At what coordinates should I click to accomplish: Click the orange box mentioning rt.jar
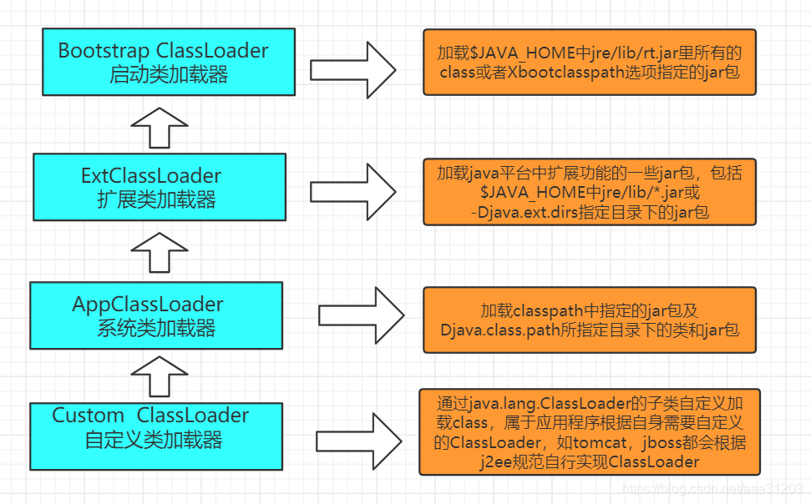pos(590,63)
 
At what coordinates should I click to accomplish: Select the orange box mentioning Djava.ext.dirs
pos(590,192)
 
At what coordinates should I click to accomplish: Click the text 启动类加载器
pos(169,74)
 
